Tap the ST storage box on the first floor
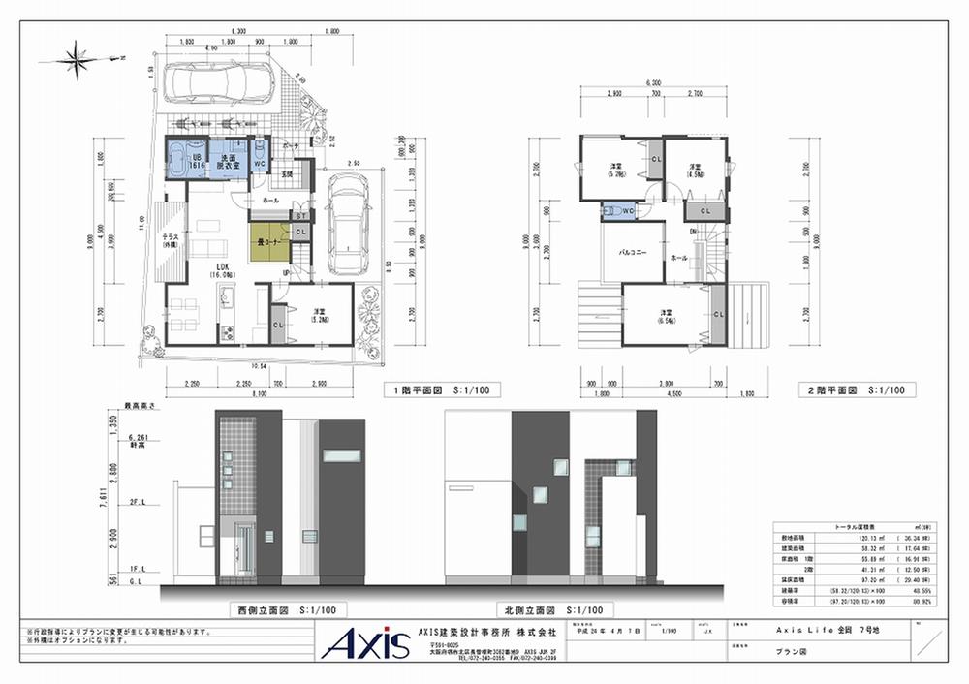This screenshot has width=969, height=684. point(300,214)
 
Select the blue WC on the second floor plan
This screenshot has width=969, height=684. point(617,208)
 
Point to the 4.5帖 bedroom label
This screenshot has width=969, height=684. point(694,171)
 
